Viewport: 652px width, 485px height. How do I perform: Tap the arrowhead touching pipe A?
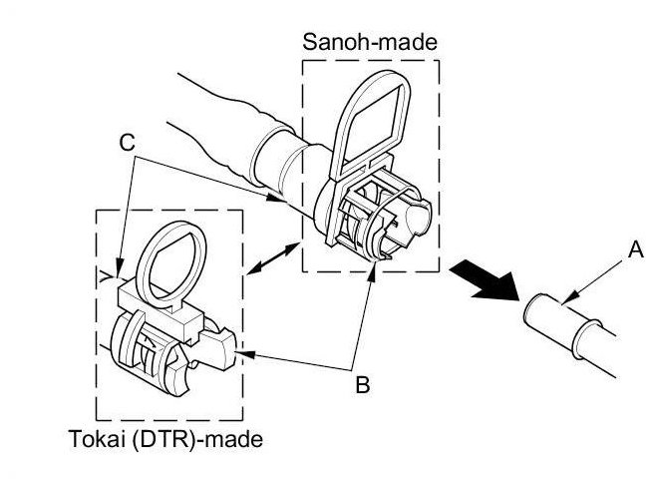tap(564, 299)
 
